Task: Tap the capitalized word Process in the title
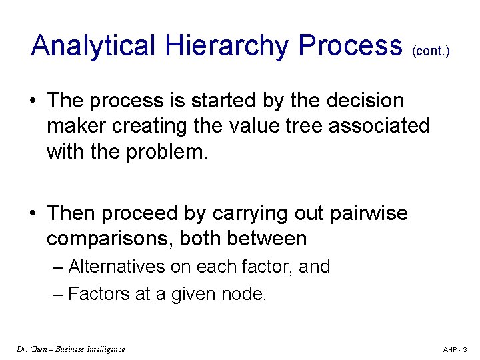(x=351, y=46)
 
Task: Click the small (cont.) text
(x=431, y=51)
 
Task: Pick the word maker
(x=77, y=126)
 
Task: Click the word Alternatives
(x=117, y=267)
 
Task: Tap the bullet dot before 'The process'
(x=32, y=101)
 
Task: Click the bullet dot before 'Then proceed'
(x=32, y=214)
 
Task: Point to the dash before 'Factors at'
(x=58, y=294)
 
